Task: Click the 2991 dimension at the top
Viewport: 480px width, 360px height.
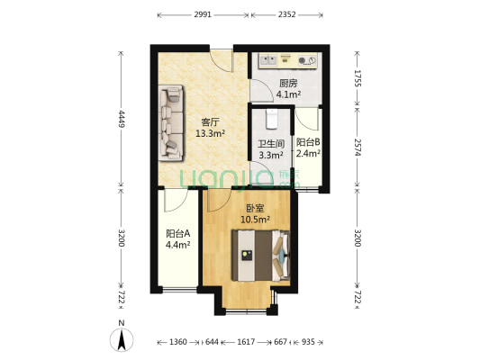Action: click(203, 14)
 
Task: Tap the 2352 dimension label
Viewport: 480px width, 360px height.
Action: click(287, 14)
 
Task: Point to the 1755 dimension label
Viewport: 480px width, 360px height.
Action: click(358, 78)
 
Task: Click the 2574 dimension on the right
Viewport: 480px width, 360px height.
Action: click(358, 147)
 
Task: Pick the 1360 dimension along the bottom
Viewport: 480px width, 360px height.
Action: click(177, 342)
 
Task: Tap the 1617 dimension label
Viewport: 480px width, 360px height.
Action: click(246, 342)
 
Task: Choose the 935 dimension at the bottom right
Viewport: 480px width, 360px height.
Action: click(308, 342)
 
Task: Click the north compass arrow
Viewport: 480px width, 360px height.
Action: click(122, 339)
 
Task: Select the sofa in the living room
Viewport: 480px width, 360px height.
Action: click(171, 122)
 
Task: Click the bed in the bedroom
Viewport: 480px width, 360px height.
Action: click(260, 256)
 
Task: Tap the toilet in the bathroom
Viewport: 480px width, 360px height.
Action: click(271, 119)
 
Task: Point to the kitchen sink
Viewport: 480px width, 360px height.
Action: click(268, 59)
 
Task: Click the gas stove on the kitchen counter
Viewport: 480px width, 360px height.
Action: click(307, 60)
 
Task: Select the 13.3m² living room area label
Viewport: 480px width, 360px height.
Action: click(211, 133)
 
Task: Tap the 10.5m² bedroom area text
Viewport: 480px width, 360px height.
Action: click(255, 220)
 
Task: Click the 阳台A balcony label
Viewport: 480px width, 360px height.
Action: click(178, 234)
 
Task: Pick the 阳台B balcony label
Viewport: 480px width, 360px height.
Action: click(308, 142)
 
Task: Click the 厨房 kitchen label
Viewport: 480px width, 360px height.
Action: click(288, 83)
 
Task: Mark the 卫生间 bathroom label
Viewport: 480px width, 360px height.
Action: click(271, 144)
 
